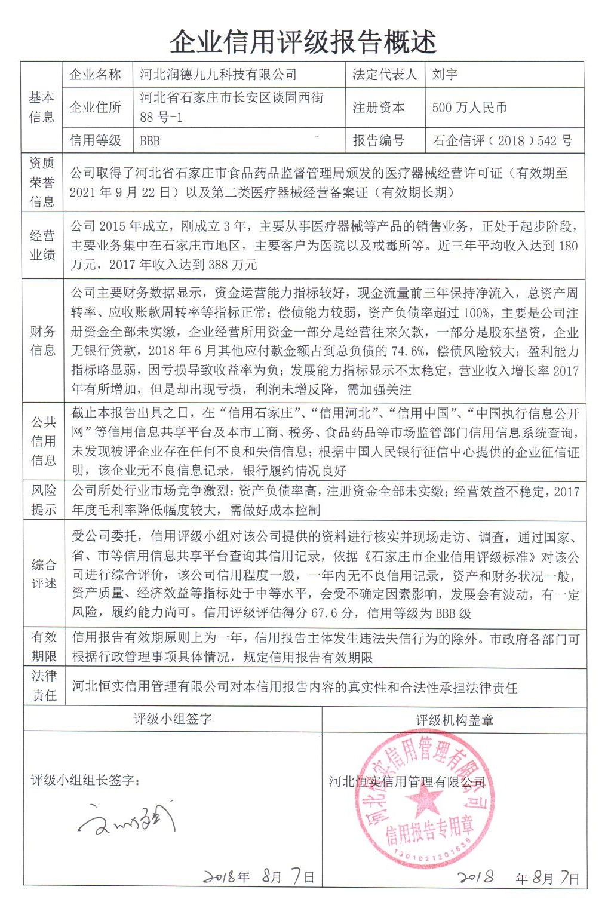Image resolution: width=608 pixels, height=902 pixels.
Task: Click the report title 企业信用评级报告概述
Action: pyautogui.click(x=303, y=42)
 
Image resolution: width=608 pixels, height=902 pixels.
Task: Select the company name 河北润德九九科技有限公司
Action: pyautogui.click(x=218, y=75)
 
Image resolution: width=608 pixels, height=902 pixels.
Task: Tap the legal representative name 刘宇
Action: pyautogui.click(x=445, y=75)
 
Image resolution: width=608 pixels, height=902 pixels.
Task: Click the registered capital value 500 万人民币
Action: pyautogui.click(x=469, y=108)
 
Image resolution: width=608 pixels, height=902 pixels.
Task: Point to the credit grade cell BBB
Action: pyautogui.click(x=150, y=141)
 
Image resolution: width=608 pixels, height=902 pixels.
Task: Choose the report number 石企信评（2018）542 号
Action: pyautogui.click(x=502, y=141)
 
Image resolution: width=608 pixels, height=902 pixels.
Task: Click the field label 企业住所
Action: pyautogui.click(x=95, y=108)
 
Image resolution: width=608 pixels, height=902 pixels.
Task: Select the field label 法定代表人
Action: pyautogui.click(x=385, y=75)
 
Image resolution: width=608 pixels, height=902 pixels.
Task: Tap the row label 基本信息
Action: pyautogui.click(x=42, y=107)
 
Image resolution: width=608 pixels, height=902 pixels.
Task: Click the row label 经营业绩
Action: pyautogui.click(x=42, y=245)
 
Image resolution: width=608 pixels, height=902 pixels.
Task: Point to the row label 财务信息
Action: pyautogui.click(x=42, y=340)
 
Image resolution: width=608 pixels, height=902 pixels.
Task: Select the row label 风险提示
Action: pyautogui.click(x=44, y=500)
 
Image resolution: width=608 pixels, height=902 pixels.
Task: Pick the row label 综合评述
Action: pyautogui.click(x=44, y=574)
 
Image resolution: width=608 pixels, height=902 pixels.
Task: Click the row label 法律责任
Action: pyautogui.click(x=44, y=686)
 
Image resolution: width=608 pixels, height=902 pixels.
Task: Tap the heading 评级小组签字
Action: pyautogui.click(x=173, y=719)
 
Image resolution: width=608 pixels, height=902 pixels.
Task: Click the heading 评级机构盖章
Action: pyautogui.click(x=455, y=720)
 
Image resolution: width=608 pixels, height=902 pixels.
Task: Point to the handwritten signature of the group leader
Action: pyautogui.click(x=128, y=821)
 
